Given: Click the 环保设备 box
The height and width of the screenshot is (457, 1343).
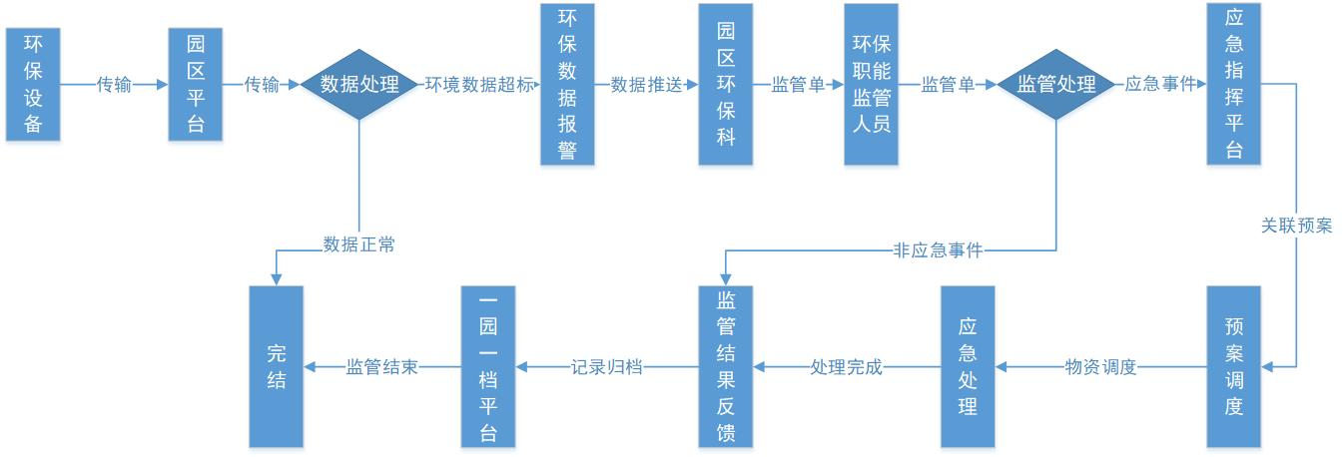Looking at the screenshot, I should pyautogui.click(x=33, y=85).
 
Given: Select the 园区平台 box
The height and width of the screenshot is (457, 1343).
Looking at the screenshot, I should pyautogui.click(x=196, y=85).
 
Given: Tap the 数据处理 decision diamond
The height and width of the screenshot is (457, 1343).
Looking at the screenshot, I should pyautogui.click(x=358, y=85).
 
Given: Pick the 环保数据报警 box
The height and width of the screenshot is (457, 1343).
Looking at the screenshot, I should pyautogui.click(x=567, y=85).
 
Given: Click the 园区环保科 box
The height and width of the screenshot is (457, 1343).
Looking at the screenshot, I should pyautogui.click(x=726, y=85).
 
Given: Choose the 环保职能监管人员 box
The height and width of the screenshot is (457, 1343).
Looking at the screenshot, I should pyautogui.click(x=871, y=85).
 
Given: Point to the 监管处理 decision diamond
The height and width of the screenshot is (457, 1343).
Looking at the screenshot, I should pyautogui.click(x=1055, y=85).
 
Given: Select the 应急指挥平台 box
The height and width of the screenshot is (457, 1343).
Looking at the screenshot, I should pyautogui.click(x=1233, y=85).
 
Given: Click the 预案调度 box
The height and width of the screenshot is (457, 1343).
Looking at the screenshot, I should pyautogui.click(x=1233, y=366).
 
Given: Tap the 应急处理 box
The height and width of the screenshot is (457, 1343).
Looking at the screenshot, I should pyautogui.click(x=968, y=366).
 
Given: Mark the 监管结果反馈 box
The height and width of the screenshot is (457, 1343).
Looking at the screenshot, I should pyautogui.click(x=726, y=366).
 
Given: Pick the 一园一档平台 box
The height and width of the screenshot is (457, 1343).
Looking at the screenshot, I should pyautogui.click(x=488, y=366).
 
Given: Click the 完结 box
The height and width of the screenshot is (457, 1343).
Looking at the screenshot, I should pyautogui.click(x=276, y=366).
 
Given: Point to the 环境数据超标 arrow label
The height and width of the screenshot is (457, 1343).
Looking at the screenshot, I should pyautogui.click(x=479, y=85).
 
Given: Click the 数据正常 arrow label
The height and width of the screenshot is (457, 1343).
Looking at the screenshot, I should pyautogui.click(x=358, y=244).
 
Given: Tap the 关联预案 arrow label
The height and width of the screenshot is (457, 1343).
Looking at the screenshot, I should pyautogui.click(x=1296, y=226).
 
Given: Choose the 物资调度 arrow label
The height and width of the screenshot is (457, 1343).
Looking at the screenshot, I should pyautogui.click(x=1100, y=367).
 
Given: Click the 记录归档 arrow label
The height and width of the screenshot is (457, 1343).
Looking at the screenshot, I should pyautogui.click(x=606, y=367).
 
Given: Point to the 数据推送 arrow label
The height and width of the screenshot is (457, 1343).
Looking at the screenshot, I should pyautogui.click(x=646, y=85).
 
